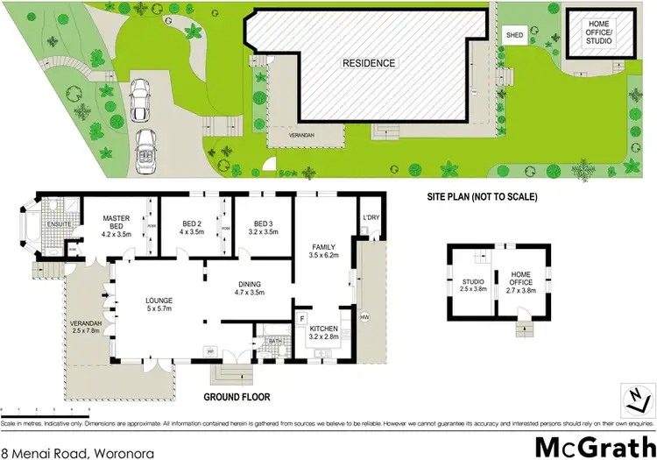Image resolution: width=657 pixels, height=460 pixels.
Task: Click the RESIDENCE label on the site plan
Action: [369, 63]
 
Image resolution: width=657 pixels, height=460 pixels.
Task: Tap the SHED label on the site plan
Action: [512, 35]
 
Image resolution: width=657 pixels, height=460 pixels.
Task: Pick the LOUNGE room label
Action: [159, 304]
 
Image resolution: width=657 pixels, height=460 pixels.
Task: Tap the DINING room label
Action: [251, 288]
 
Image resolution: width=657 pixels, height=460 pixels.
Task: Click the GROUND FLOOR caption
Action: [237, 397]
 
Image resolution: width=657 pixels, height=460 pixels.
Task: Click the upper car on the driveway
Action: [141, 102]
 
